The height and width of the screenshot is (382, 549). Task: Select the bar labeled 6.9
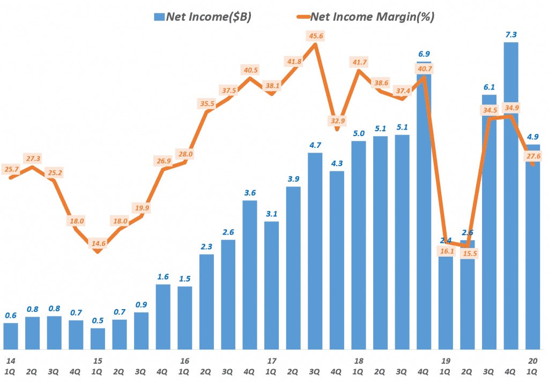424,214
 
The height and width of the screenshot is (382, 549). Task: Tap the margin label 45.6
315,35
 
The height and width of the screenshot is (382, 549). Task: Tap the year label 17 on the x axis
271,360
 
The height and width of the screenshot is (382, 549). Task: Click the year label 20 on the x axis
532,360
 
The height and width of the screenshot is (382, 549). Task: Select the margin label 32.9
337,120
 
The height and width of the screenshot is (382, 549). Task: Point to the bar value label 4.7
315,145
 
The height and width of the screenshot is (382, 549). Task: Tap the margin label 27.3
33,159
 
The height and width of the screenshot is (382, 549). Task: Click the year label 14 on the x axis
10,360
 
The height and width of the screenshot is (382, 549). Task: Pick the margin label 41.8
294,62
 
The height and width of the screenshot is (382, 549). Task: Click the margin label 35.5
207,103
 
